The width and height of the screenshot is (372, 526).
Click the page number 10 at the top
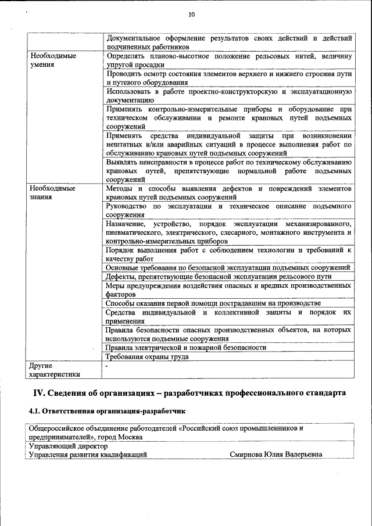[x=191, y=15]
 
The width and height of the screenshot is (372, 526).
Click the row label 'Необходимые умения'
[x=53, y=60]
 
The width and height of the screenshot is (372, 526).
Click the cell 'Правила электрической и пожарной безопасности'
[x=186, y=348]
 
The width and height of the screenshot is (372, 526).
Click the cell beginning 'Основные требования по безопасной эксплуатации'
[x=227, y=267]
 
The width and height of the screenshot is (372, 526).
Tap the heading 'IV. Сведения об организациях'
[x=188, y=393]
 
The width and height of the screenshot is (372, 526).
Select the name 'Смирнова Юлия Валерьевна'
[x=276, y=455]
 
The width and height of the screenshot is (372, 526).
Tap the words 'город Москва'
[x=123, y=436]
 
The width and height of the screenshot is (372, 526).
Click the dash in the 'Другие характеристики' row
[x=106, y=366]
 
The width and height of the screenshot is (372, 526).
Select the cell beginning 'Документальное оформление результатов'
[x=229, y=42]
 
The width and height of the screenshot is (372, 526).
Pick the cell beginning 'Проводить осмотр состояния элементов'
[x=229, y=78]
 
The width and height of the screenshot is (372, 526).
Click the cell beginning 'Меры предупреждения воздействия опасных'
[x=229, y=290]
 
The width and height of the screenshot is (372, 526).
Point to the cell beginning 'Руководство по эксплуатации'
[x=229, y=210]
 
